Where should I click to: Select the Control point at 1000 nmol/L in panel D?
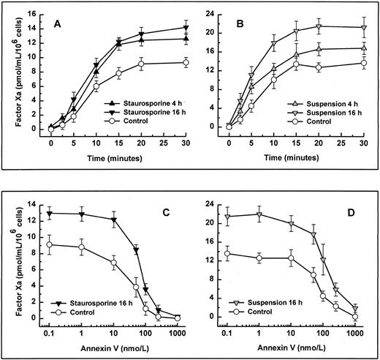pyautogui.click(x=356, y=316)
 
